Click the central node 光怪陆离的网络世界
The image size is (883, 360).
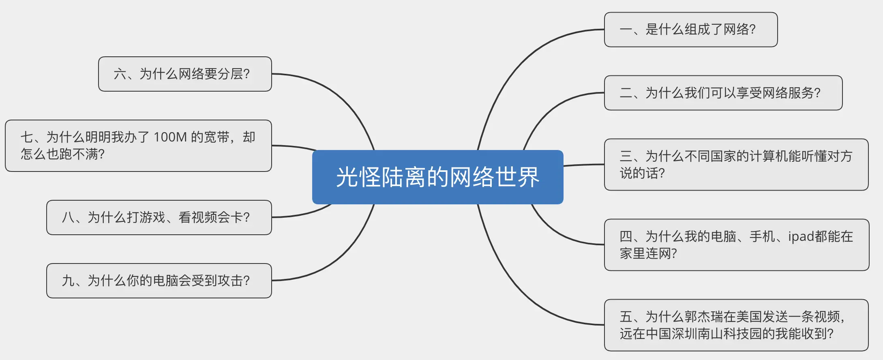pos(437,177)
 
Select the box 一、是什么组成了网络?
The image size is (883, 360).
pos(690,30)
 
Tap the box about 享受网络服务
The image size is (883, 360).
pos(723,93)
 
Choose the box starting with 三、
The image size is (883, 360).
pos(736,165)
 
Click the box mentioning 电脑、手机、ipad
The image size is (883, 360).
pos(736,245)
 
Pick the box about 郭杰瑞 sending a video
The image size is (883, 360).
pos(736,325)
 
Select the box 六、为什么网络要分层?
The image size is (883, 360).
pos(185,74)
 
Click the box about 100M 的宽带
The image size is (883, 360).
pos(138,146)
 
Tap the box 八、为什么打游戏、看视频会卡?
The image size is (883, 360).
pos(159,217)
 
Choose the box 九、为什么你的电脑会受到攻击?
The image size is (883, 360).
pos(159,281)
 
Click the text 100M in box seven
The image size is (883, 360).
pos(170,137)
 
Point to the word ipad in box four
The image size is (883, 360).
pos(801,236)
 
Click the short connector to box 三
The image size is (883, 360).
pos(584,165)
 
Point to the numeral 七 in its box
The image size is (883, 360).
pos(27,137)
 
